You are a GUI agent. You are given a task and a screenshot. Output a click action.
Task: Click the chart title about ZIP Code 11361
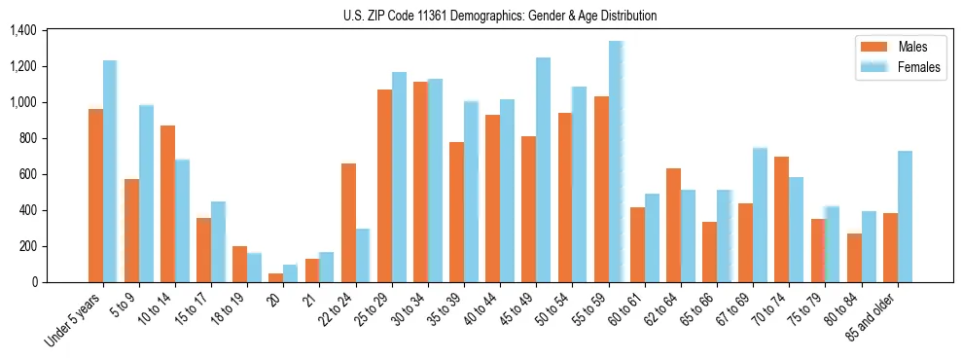click(500, 16)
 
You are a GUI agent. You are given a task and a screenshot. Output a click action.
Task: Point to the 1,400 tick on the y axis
click(22, 31)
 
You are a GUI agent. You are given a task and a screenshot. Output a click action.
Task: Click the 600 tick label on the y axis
click(26, 175)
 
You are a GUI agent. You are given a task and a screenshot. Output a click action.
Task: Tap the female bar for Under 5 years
click(110, 171)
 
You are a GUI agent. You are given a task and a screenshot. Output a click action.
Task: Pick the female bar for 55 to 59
click(615, 162)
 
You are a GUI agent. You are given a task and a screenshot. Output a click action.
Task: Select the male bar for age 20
click(276, 277)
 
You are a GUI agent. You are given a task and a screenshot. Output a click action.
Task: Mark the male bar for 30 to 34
click(420, 182)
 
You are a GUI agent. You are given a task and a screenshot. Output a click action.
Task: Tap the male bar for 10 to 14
click(167, 203)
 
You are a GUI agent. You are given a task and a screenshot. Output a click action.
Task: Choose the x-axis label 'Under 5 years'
click(75, 318)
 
